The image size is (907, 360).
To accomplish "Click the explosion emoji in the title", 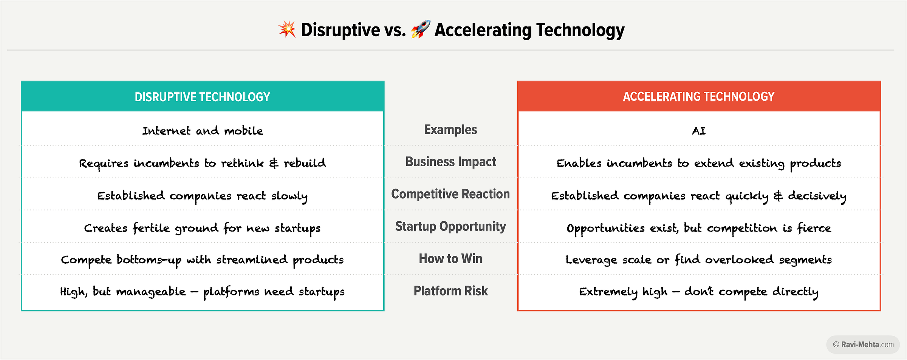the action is tap(287, 29).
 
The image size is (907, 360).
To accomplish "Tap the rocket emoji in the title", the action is tap(421, 29).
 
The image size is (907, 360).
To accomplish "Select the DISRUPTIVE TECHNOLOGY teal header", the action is tap(203, 97).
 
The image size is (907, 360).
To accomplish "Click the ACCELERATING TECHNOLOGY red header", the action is tap(699, 97).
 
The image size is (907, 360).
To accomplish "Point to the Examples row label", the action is tap(450, 130).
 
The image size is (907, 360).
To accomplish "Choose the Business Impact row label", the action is tap(450, 162).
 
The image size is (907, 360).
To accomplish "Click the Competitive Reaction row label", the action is tap(450, 194).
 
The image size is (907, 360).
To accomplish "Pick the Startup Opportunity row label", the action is tap(450, 226).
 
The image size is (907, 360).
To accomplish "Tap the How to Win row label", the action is tap(450, 258).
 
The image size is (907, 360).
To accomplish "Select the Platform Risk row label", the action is tap(450, 291).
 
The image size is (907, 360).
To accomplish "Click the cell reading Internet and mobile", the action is tap(203, 131).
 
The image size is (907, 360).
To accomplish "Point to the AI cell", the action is tap(699, 131).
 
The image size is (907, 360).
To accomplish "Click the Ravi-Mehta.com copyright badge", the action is tap(863, 345).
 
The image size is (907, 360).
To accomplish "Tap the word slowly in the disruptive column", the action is tap(289, 196).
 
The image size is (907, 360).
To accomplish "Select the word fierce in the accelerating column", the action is tap(814, 228).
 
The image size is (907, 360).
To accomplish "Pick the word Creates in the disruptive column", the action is tap(106, 228).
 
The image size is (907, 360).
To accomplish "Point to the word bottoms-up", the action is tap(149, 260).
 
